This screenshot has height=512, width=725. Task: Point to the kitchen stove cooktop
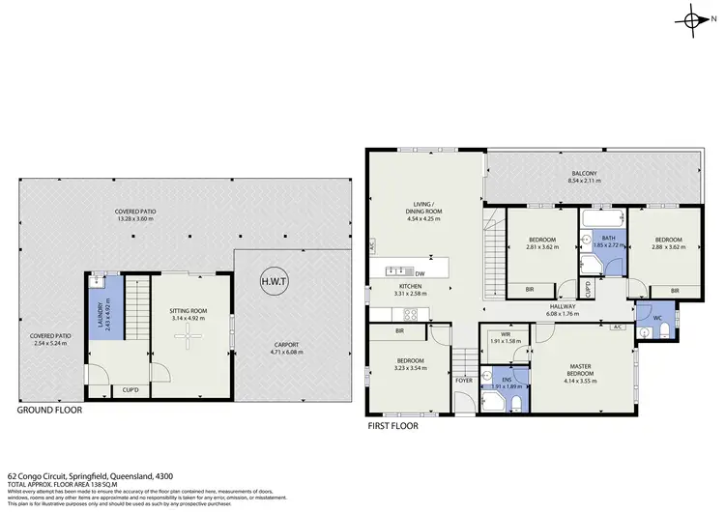click(409, 313)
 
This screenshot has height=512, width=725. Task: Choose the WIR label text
click(505, 334)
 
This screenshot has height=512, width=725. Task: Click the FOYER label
click(464, 382)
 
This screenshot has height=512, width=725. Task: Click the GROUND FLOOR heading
click(49, 410)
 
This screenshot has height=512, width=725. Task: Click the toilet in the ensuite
click(518, 403)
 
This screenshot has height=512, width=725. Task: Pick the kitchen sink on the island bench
click(395, 270)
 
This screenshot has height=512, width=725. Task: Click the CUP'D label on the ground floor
click(131, 389)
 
